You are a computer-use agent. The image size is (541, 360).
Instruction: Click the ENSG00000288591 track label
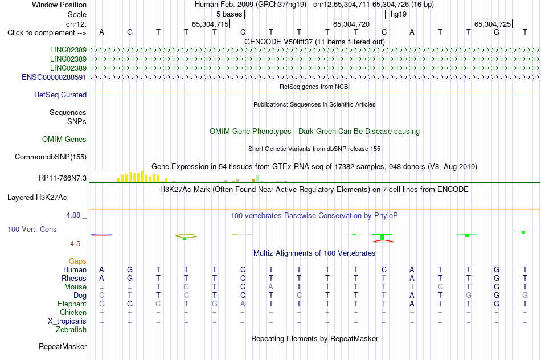pos(54,77)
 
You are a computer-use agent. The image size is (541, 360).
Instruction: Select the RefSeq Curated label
pos(60,95)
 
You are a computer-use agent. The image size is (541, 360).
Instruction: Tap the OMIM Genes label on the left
pos(64,140)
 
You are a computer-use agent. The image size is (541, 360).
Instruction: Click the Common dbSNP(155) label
pos(51,157)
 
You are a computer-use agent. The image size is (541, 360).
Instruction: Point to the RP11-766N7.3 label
pos(63,178)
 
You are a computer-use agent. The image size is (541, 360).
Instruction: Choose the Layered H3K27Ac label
pos(37,198)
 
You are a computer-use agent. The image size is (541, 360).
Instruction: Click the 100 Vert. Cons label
pos(32,230)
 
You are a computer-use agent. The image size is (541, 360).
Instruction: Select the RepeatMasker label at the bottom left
pos(63,346)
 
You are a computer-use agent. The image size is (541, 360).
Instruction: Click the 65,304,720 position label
pos(351,24)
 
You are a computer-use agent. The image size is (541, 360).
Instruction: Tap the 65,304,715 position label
pos(210,24)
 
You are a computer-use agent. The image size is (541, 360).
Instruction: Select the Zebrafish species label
pos(71,330)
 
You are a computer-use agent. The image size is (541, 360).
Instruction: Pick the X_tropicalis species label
pos(67,321)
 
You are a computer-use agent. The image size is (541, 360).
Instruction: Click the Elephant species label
pos(72,304)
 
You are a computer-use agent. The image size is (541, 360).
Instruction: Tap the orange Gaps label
pos(77,261)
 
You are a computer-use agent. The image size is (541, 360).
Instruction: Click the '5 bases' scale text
pos(229,14)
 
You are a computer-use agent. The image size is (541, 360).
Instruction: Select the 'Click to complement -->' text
pos(47,33)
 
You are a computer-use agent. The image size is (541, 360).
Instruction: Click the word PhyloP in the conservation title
pos(386,216)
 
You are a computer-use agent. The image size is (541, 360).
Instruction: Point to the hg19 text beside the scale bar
pos(399,14)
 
